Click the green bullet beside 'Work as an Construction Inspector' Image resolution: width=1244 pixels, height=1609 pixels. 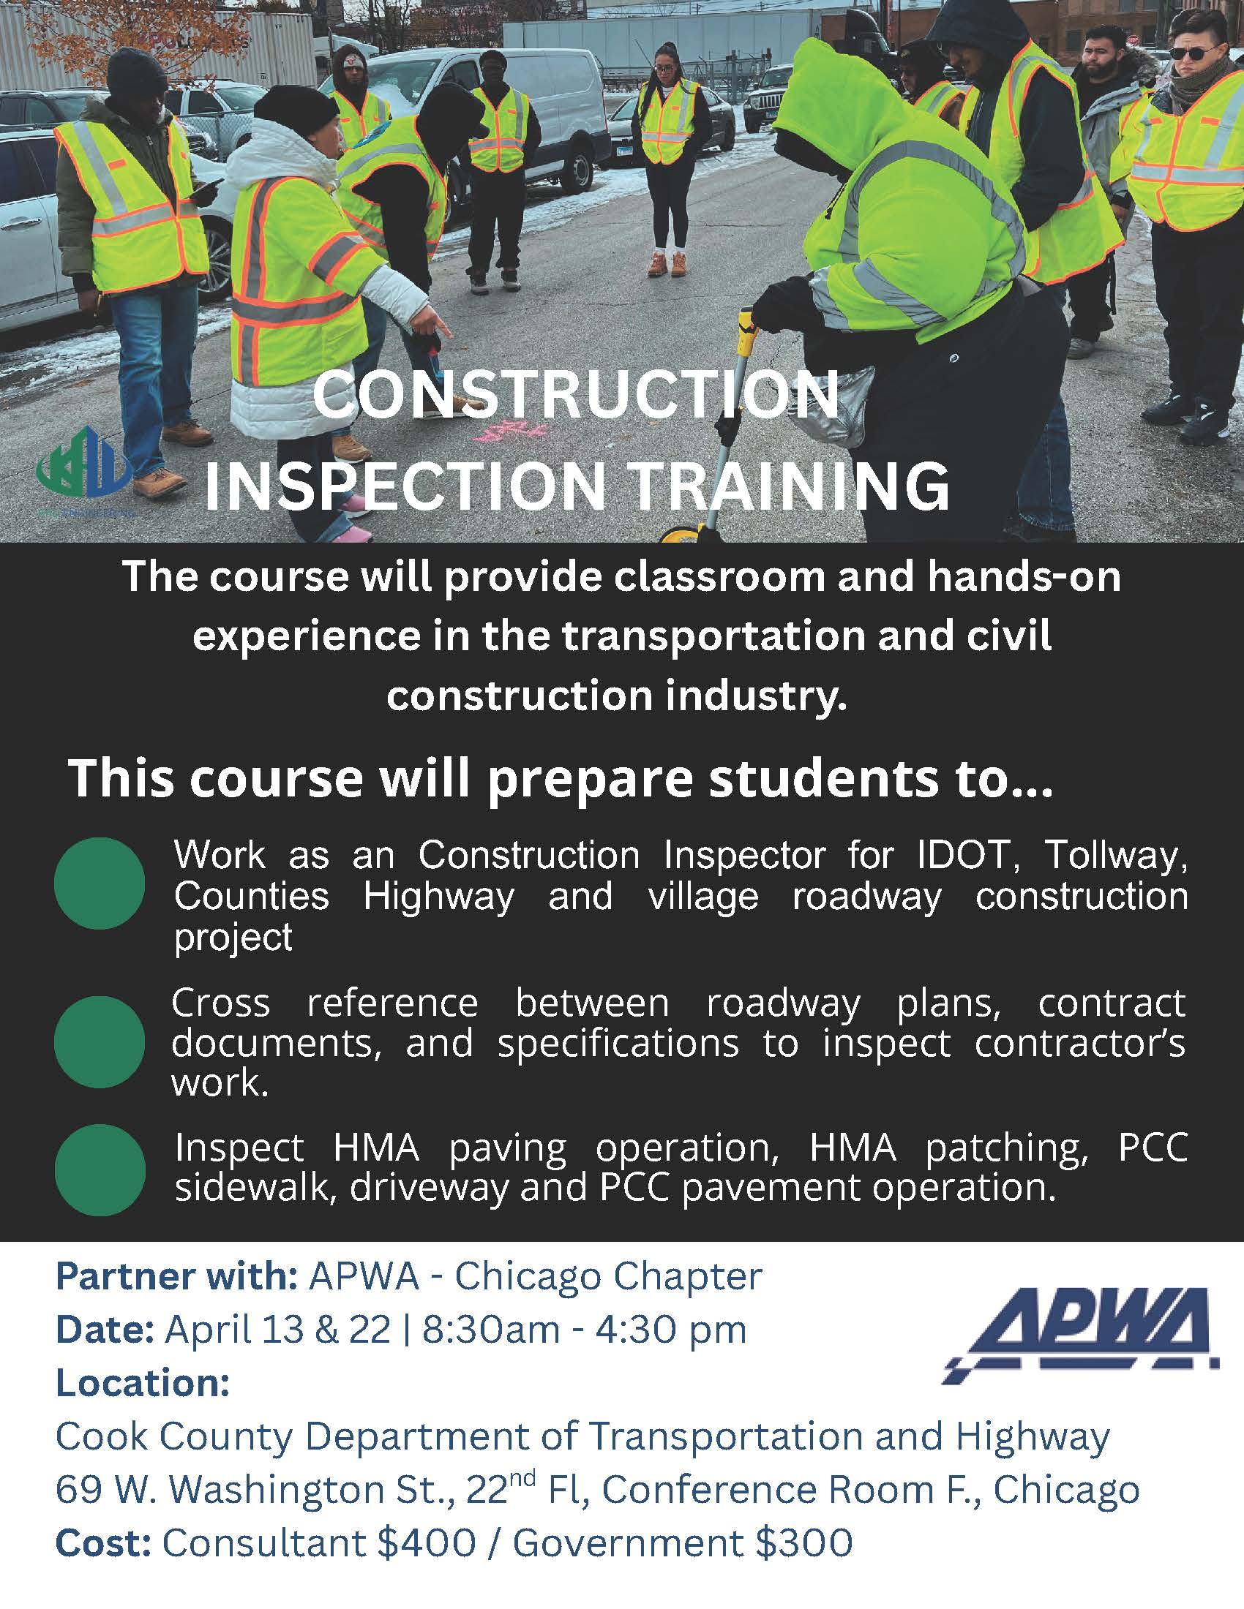click(100, 883)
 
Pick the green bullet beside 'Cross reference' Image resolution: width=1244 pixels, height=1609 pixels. click(100, 1041)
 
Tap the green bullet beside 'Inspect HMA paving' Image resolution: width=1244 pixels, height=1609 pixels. click(100, 1171)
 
